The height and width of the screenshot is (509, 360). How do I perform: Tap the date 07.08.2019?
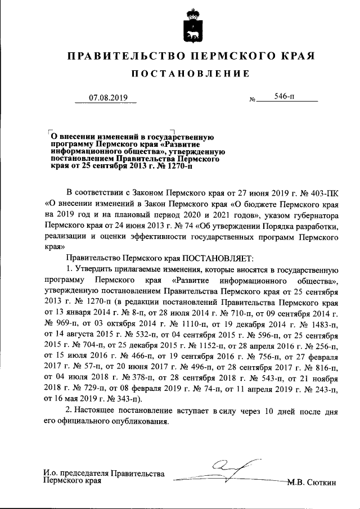[x=109, y=98]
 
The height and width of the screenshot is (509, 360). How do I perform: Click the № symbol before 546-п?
[x=252, y=100]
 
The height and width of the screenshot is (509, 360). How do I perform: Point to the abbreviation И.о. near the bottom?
[x=51, y=474]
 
